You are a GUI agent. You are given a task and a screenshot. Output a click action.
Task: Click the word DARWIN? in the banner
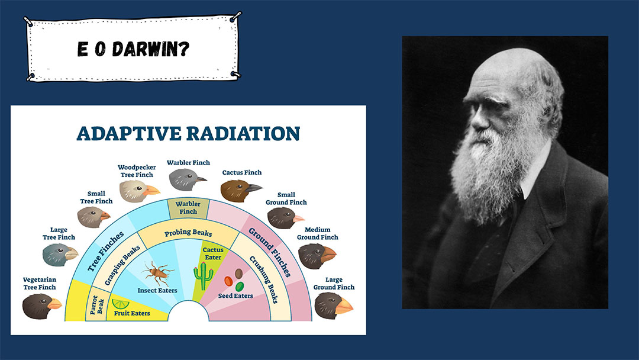151,49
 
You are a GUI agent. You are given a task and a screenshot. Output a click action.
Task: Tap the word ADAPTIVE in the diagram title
128,134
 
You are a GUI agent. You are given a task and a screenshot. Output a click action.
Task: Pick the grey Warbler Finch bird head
187,179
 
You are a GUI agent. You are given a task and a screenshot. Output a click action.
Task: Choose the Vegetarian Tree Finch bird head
41,306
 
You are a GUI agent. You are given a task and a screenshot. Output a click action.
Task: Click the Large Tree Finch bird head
60,255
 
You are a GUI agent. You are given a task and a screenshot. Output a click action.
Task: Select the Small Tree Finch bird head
93,217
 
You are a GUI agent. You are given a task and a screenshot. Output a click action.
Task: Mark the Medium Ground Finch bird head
317,256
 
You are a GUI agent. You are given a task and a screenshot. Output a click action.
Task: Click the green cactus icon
204,275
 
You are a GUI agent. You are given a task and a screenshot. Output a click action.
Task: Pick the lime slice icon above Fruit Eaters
121,304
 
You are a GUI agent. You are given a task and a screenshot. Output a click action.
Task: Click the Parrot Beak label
98,305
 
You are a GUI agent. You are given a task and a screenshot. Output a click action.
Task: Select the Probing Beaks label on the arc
188,232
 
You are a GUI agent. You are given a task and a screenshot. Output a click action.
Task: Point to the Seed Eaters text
235,295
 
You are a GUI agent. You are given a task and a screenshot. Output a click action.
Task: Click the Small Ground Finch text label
286,198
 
